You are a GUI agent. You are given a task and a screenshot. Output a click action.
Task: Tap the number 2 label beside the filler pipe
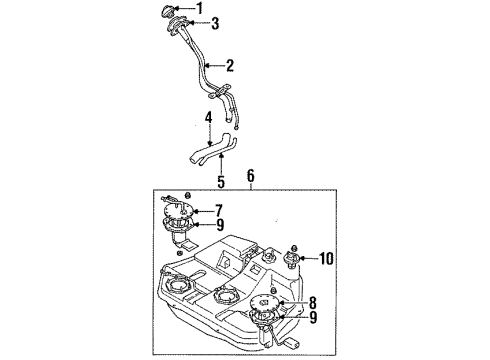(x=230, y=67)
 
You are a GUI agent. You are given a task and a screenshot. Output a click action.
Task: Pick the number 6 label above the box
(x=251, y=175)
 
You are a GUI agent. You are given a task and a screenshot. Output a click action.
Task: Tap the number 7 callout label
(x=219, y=212)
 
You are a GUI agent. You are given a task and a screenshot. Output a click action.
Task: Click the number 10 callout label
(x=325, y=259)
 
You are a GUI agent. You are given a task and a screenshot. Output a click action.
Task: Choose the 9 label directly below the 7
(x=219, y=225)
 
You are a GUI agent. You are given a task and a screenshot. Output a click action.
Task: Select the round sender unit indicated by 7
(x=186, y=213)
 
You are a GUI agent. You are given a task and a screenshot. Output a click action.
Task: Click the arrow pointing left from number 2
(x=213, y=67)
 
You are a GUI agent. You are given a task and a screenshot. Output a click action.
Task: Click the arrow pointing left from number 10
(x=309, y=259)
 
